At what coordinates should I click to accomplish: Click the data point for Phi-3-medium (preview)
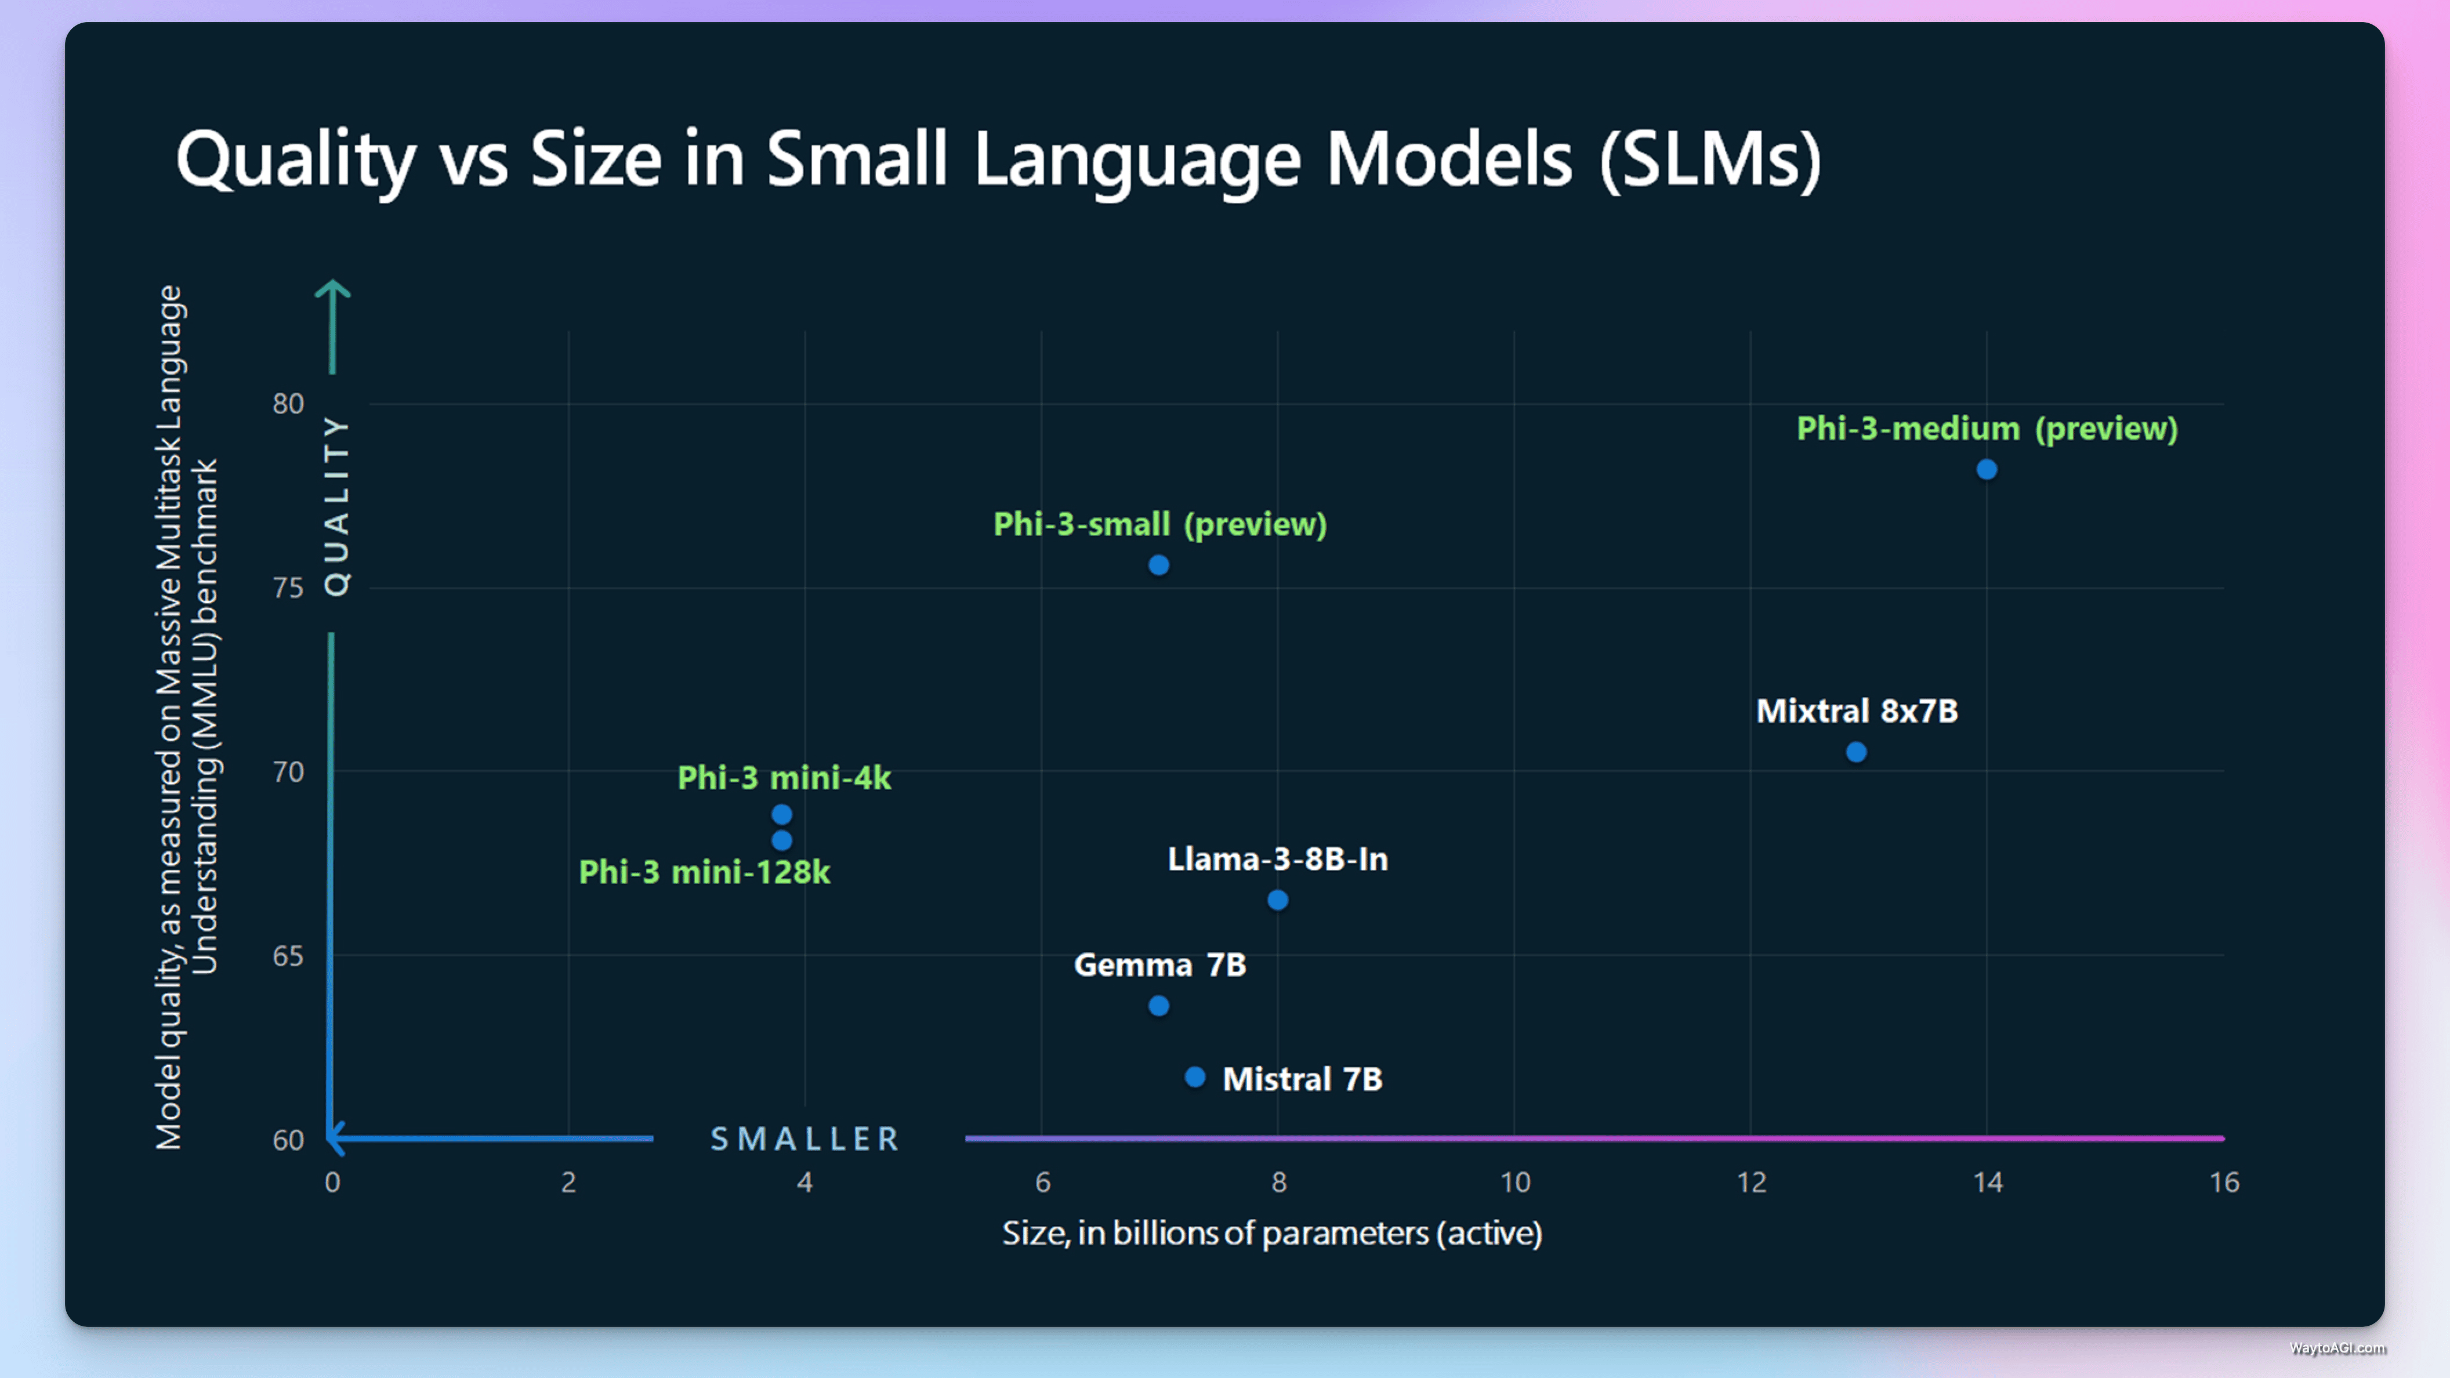point(1986,469)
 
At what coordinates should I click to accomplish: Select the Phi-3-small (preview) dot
point(1158,565)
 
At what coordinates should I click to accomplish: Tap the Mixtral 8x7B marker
point(1855,752)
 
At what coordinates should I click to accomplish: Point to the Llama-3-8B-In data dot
point(1277,900)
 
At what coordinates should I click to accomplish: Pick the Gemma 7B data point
point(1158,1005)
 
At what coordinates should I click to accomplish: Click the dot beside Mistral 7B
point(1195,1076)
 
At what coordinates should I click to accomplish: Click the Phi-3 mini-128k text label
point(704,872)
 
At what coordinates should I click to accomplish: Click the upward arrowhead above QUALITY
point(332,288)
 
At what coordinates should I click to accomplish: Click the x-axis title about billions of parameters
point(1271,1234)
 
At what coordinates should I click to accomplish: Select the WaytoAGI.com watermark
point(2337,1348)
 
